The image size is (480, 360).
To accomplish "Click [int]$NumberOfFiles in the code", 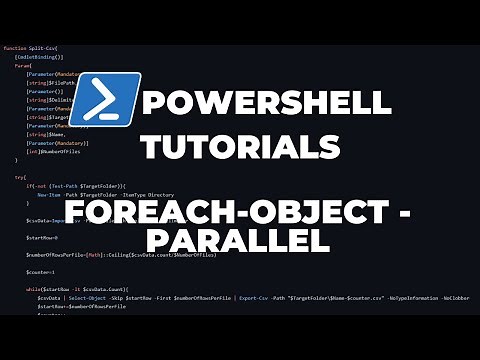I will click(58, 151).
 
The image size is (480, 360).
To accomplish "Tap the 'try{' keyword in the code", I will click(21, 176).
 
